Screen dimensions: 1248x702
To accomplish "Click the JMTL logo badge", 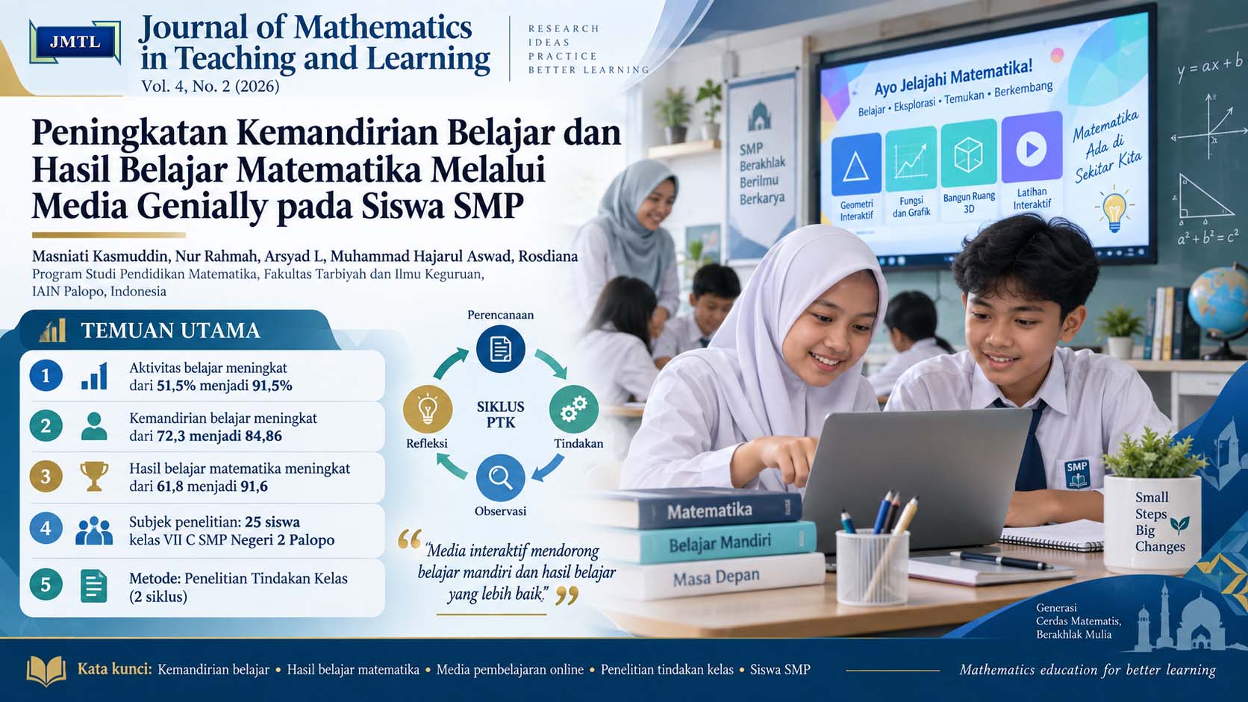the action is coord(75,43).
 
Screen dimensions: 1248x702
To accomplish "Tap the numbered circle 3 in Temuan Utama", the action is coord(46,477).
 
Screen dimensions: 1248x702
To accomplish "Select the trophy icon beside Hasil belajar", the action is coord(93,477).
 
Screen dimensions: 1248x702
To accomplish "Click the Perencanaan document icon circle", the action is coord(500,349).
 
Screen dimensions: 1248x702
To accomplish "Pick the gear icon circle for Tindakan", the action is coord(574,410).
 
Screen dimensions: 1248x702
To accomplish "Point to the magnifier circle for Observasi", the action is coord(500,478).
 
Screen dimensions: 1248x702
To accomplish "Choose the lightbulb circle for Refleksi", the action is coord(428,410).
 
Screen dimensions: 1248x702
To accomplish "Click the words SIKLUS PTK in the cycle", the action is coord(500,414).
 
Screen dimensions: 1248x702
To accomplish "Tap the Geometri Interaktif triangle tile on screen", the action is coord(856,164).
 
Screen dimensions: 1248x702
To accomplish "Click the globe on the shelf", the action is coord(1218,304).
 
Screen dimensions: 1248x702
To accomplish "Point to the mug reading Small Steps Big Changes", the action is coord(1153,523).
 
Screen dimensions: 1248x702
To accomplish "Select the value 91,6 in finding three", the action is coord(254,486).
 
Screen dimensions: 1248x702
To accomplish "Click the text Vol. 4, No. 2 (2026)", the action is coord(210,87).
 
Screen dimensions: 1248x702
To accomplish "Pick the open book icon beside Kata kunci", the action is coord(46,671).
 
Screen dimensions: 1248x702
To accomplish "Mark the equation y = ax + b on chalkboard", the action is coord(1209,66).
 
